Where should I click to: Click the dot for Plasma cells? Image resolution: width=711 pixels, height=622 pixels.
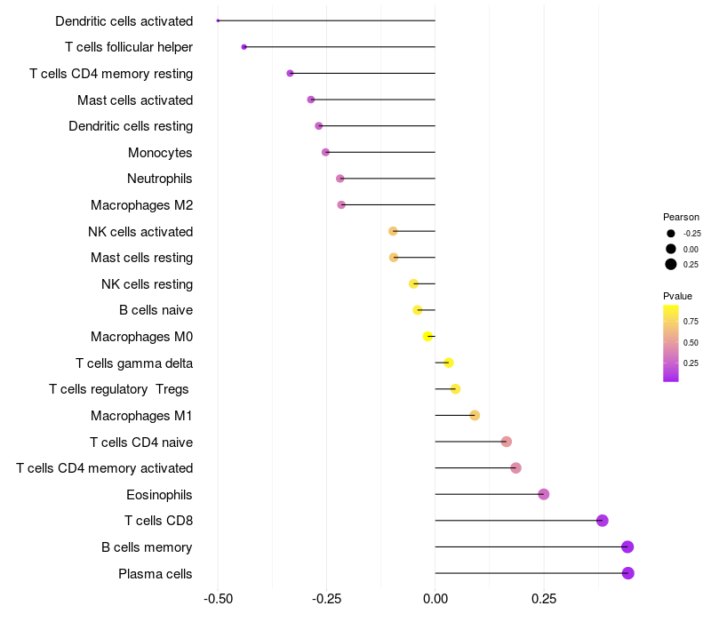pyautogui.click(x=628, y=573)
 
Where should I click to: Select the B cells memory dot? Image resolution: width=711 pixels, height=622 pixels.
pyautogui.click(x=627, y=547)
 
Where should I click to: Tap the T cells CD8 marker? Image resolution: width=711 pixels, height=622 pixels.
pyautogui.click(x=603, y=521)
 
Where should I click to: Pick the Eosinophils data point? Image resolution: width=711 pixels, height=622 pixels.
pyautogui.click(x=544, y=494)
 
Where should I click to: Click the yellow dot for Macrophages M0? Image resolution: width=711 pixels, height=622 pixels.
pyautogui.click(x=427, y=336)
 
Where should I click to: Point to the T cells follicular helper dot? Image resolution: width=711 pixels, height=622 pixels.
pyautogui.click(x=244, y=46)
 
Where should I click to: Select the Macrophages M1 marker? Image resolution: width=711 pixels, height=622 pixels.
pyautogui.click(x=475, y=416)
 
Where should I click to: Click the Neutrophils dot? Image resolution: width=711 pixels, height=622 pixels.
pyautogui.click(x=340, y=179)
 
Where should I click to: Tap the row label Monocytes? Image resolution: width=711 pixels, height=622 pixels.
pyautogui.click(x=160, y=153)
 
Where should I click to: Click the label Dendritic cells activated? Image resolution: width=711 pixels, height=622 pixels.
pyautogui.click(x=124, y=20)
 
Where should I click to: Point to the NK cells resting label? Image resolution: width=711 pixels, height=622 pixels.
pyautogui.click(x=147, y=284)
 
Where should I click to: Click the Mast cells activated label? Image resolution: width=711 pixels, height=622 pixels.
pyautogui.click(x=135, y=100)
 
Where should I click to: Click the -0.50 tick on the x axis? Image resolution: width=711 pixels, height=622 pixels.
pyautogui.click(x=218, y=600)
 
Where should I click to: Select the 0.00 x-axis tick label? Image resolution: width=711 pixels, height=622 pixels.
pyautogui.click(x=435, y=600)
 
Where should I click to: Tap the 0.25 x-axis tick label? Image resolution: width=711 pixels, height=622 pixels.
pyautogui.click(x=544, y=600)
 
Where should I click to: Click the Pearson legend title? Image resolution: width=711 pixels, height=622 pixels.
pyautogui.click(x=681, y=217)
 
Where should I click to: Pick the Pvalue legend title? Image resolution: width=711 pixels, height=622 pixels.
pyautogui.click(x=677, y=296)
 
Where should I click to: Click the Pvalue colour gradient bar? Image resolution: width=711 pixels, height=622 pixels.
pyautogui.click(x=671, y=343)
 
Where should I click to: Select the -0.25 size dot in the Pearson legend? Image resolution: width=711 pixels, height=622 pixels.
pyautogui.click(x=671, y=234)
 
